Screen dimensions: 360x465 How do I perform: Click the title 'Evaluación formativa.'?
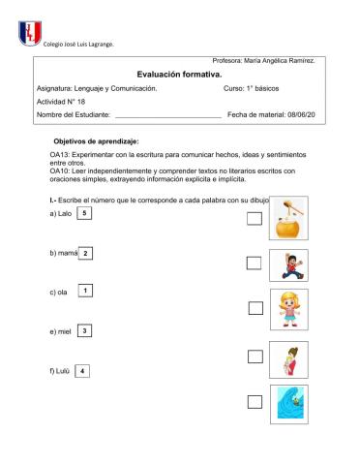coord(179,74)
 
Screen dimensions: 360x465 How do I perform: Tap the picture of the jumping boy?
coord(287,264)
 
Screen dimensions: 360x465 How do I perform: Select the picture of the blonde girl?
coord(287,307)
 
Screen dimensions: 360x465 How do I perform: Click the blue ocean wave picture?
coord(287,403)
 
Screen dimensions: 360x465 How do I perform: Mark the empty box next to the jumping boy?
coord(254,262)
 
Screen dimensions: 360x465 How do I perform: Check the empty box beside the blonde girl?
coord(255,308)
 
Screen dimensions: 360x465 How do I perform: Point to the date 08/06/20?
coord(296,114)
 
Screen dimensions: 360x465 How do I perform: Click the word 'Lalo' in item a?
coord(65,214)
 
